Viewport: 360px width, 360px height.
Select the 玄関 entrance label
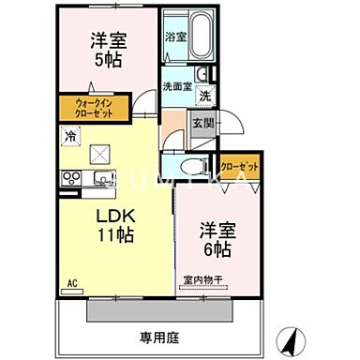tap(202, 122)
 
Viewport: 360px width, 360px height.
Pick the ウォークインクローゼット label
tap(90, 109)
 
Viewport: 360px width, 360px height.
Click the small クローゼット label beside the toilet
tap(239, 166)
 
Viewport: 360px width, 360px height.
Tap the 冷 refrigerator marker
tap(70, 137)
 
